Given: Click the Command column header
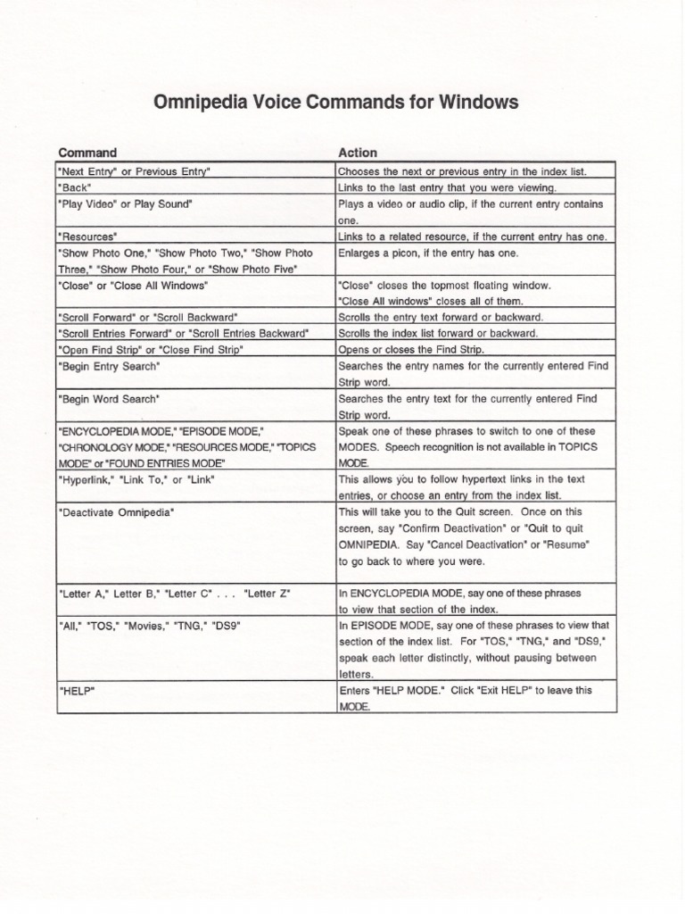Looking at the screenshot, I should pyautogui.click(x=87, y=153).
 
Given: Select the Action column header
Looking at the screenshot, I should pyautogui.click(x=357, y=153).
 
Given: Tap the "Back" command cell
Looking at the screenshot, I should pyautogui.click(x=74, y=187).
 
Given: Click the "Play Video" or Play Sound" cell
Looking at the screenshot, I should pyautogui.click(x=126, y=204).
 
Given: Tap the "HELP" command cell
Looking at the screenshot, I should pyautogui.click(x=72, y=690).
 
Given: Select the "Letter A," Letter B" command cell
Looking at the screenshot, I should pyautogui.click(x=173, y=593).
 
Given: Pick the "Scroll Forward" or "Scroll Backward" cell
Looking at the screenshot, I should pyautogui.click(x=153, y=317).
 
